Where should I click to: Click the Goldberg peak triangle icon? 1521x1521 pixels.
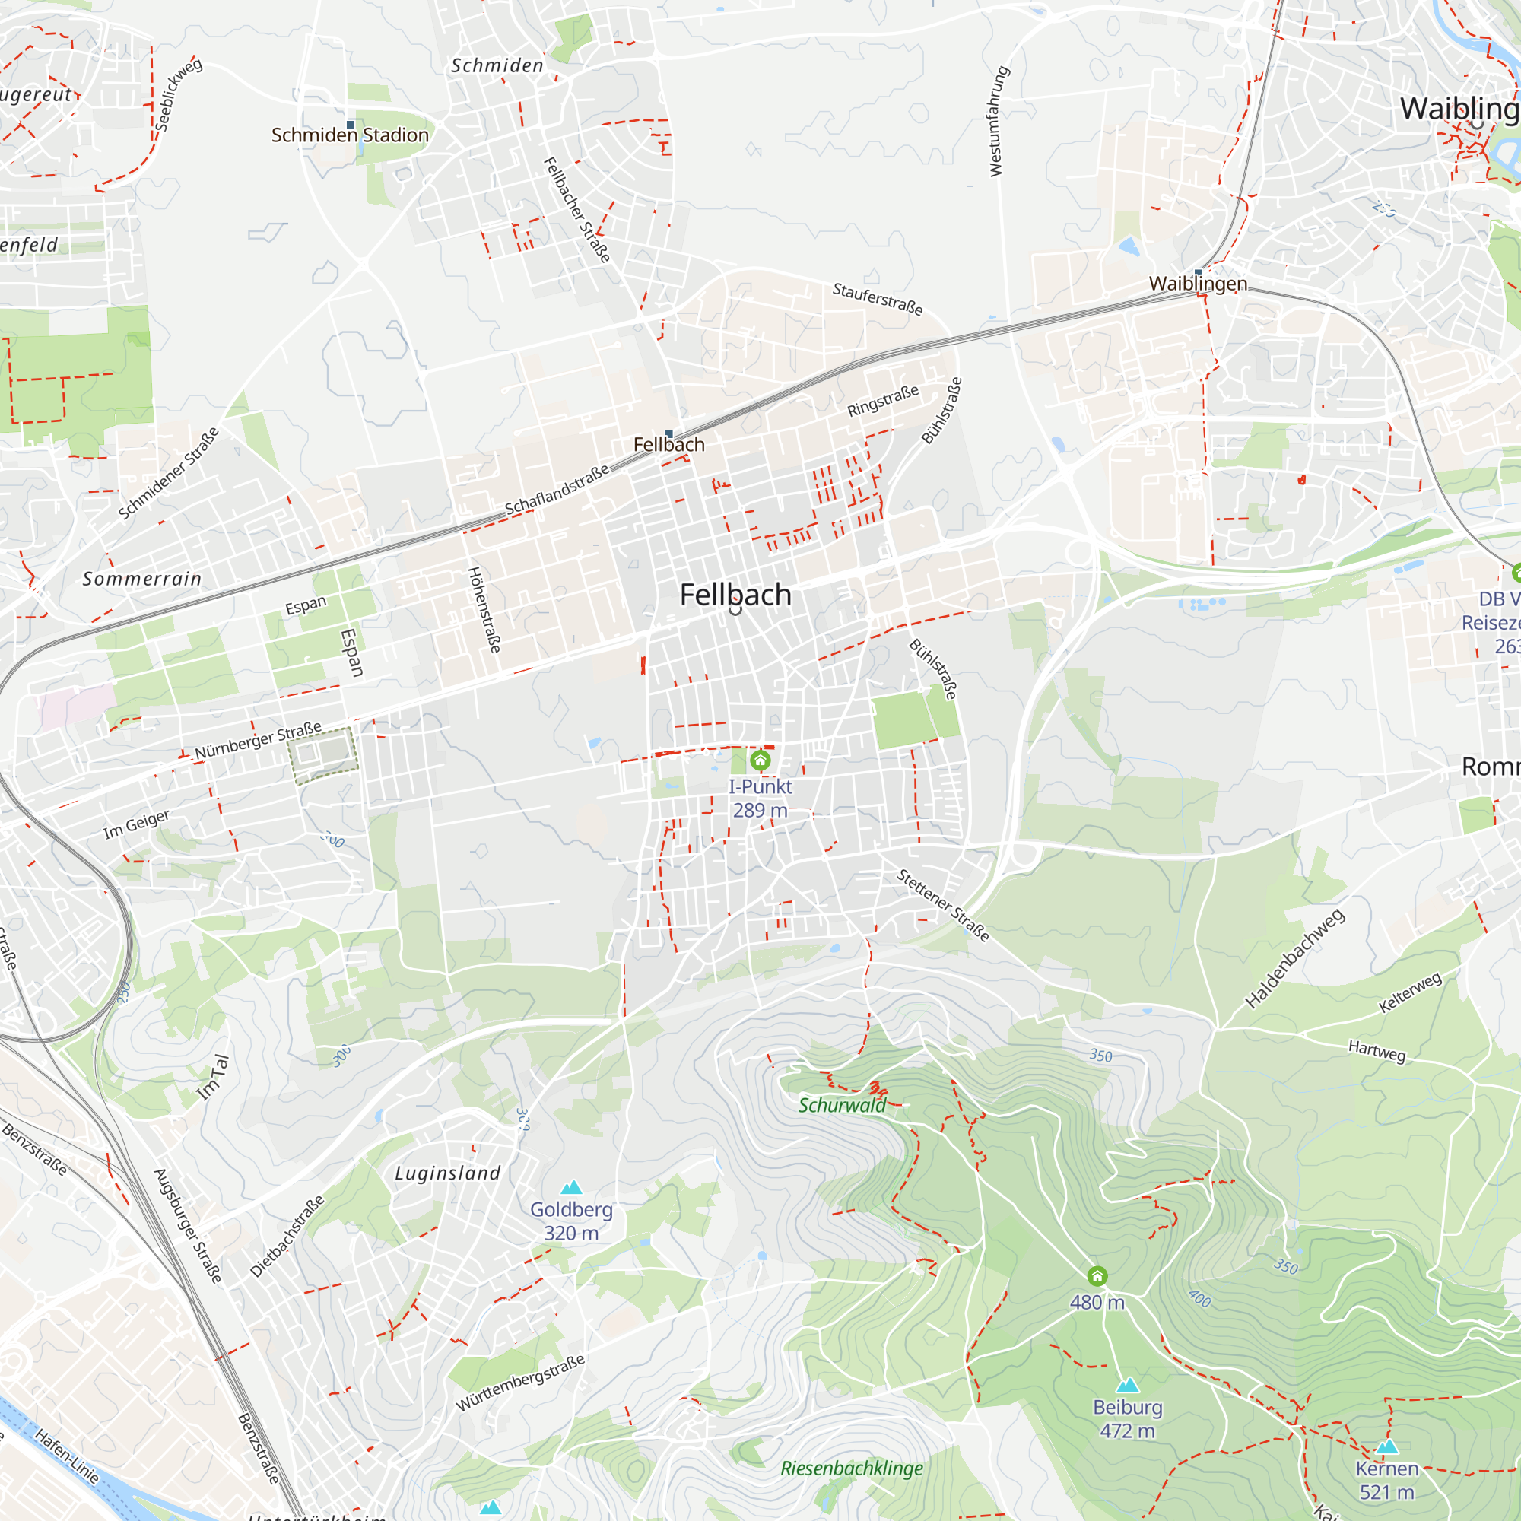(572, 1187)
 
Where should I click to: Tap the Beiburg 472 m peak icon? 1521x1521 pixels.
(1127, 1385)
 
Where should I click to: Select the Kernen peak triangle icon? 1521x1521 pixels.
(1387, 1446)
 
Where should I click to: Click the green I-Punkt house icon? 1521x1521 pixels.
(760, 760)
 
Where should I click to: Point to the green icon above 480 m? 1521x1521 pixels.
(1097, 1275)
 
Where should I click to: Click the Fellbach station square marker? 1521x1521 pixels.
(669, 433)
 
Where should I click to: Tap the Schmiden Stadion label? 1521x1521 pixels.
(350, 135)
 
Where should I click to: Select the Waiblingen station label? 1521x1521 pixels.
(1198, 284)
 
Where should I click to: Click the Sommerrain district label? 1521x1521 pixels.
(142, 579)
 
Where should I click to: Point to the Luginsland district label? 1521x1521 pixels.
(447, 1173)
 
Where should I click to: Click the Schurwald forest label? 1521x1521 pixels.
(842, 1105)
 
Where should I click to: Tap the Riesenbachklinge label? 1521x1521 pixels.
(851, 1469)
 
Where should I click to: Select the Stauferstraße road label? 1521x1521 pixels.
(877, 299)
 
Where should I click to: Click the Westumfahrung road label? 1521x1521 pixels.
(997, 121)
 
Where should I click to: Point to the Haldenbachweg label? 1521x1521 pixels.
(1294, 958)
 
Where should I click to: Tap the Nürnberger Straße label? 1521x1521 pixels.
(259, 740)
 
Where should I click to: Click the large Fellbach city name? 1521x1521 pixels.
(735, 595)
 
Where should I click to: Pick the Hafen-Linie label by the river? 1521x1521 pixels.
(67, 1456)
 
